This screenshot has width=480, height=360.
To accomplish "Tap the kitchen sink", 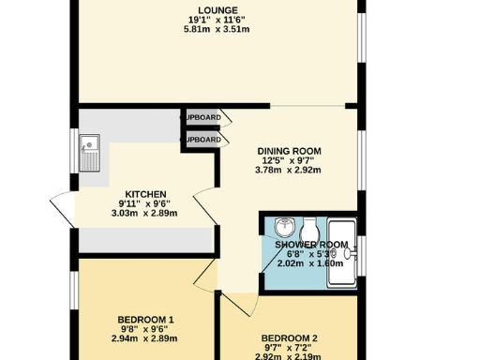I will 91,151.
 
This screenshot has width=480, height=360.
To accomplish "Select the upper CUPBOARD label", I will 202,117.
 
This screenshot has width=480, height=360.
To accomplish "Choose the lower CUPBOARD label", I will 202,140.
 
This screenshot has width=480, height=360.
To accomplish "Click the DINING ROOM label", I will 290,150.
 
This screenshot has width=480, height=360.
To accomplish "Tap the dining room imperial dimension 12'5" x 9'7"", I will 290,160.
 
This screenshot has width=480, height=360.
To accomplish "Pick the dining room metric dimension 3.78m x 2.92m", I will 290,171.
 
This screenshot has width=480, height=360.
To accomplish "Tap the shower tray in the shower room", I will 343,248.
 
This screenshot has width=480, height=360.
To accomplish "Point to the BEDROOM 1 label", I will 145,321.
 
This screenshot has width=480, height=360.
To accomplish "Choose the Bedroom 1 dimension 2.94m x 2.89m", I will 145,338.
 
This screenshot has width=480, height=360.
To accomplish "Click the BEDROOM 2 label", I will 290,337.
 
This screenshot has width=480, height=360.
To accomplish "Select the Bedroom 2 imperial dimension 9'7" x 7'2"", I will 290,348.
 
